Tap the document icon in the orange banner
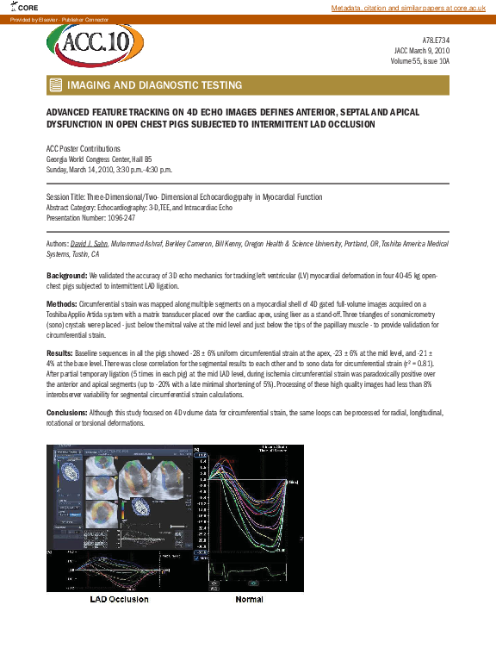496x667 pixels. (56, 85)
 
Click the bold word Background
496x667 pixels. (66, 274)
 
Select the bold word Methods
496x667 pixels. (61, 305)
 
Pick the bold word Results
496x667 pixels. (60, 354)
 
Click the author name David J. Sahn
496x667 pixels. (92, 245)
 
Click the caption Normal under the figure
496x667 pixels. (249, 599)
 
